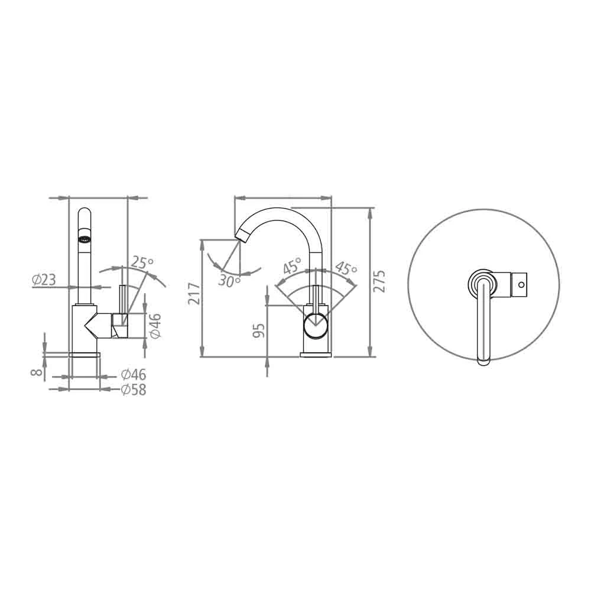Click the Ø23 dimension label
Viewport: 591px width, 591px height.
44,280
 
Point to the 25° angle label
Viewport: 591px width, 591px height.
142,262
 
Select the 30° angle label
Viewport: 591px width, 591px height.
229,281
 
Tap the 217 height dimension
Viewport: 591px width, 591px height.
194,293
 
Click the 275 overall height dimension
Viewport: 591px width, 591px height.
379,281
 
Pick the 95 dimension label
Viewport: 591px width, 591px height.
259,330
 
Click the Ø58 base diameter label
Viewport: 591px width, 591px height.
134,389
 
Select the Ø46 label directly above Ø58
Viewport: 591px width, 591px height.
134,374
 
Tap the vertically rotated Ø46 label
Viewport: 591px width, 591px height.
155,326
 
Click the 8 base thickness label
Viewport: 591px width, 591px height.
37,372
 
